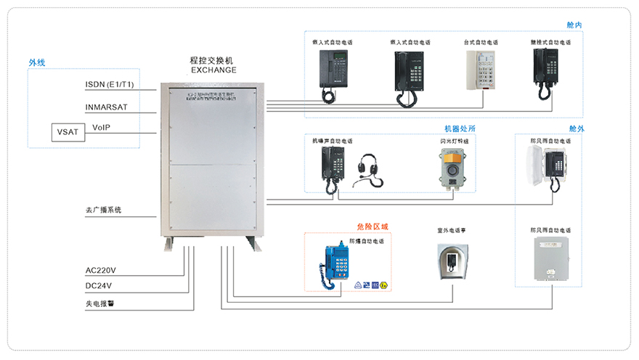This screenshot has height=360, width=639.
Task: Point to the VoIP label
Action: click(101, 128)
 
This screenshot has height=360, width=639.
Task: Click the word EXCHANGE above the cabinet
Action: click(213, 70)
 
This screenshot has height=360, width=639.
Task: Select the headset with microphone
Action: click(367, 169)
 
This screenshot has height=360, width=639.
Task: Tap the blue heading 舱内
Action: click(574, 25)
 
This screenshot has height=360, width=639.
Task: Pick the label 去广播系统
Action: click(103, 210)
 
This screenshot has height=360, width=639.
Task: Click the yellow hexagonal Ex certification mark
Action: click(383, 285)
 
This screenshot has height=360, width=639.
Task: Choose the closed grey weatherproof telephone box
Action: click(550, 258)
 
